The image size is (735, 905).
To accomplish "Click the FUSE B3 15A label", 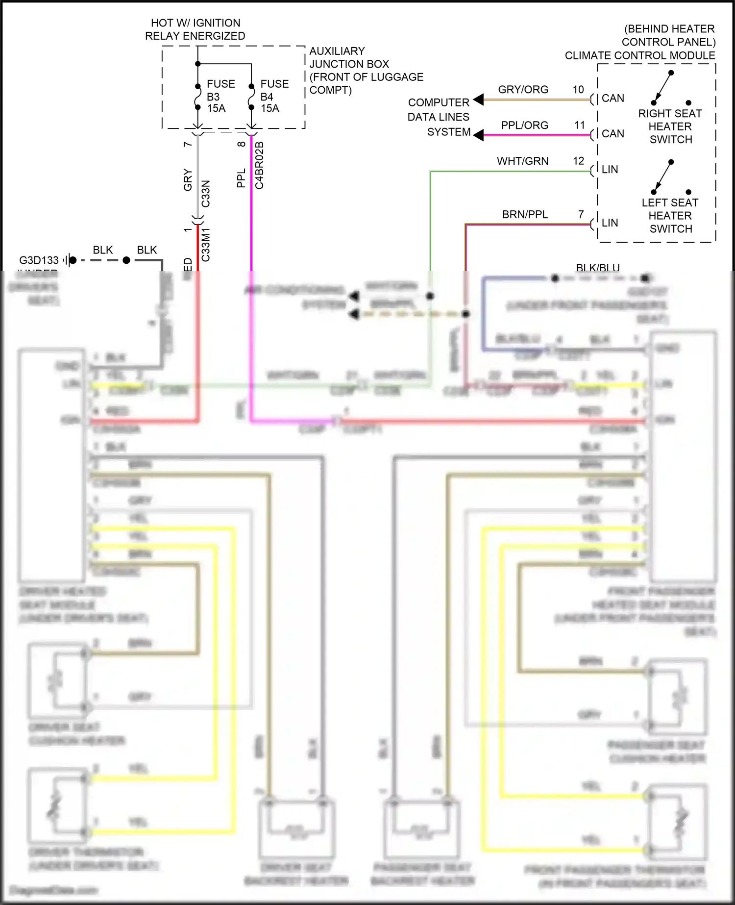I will [x=220, y=96].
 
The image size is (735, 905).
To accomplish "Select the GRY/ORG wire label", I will [x=523, y=90].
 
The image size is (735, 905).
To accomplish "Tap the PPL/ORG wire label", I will [x=524, y=126].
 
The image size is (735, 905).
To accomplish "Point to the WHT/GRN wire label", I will [x=522, y=161].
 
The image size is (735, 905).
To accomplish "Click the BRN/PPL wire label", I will [x=524, y=215].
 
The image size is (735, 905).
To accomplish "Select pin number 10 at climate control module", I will [x=578, y=90].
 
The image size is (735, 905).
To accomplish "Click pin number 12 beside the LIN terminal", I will [x=578, y=161].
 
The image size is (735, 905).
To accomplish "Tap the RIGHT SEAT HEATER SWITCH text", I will [x=670, y=126].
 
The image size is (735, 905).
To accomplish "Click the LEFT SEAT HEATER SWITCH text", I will [x=670, y=216].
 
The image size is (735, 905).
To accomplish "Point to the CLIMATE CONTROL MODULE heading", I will [x=639, y=55].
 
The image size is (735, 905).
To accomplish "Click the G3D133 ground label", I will [x=39, y=260].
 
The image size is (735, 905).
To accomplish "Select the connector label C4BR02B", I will [x=260, y=165].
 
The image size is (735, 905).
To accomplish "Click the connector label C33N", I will [x=206, y=193].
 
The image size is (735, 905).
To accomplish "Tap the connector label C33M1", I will [x=206, y=244].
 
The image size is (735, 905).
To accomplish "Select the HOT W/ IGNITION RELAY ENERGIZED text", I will [x=195, y=29].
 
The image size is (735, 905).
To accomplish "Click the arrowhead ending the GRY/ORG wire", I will [x=478, y=100].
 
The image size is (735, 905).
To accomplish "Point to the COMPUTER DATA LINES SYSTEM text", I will [x=439, y=117].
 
